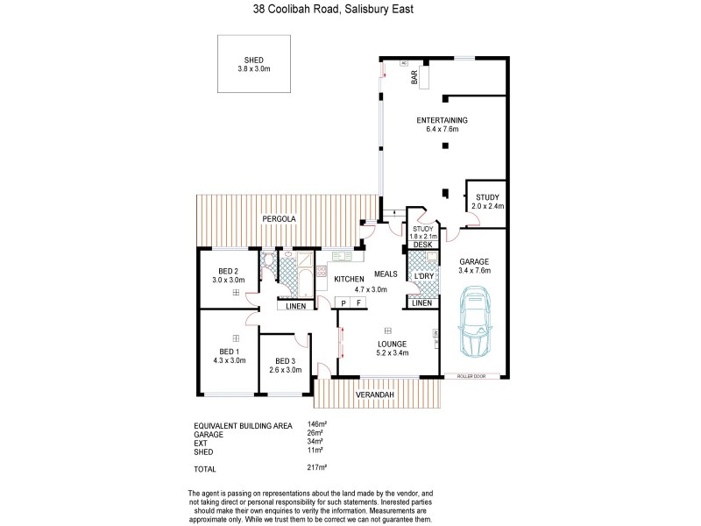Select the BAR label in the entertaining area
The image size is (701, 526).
pos(414,79)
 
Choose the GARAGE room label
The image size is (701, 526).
pos(473,261)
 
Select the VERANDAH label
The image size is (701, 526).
pos(375,395)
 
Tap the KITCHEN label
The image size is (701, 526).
pos(349,279)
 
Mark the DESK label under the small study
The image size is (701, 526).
pos(422,244)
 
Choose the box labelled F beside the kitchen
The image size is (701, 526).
pos(358,302)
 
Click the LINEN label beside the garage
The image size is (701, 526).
pos(422,302)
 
